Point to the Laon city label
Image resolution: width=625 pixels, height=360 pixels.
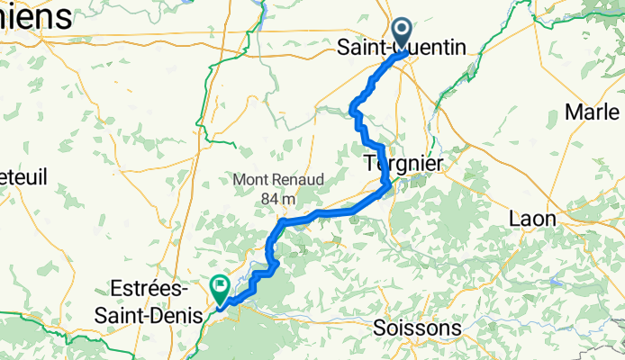[532, 219]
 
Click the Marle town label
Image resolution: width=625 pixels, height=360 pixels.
[593, 112]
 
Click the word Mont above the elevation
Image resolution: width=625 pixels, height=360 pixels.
[253, 180]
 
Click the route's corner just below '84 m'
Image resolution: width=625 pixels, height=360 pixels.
[283, 220]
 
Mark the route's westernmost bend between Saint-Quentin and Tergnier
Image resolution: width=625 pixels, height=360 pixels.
[352, 111]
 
